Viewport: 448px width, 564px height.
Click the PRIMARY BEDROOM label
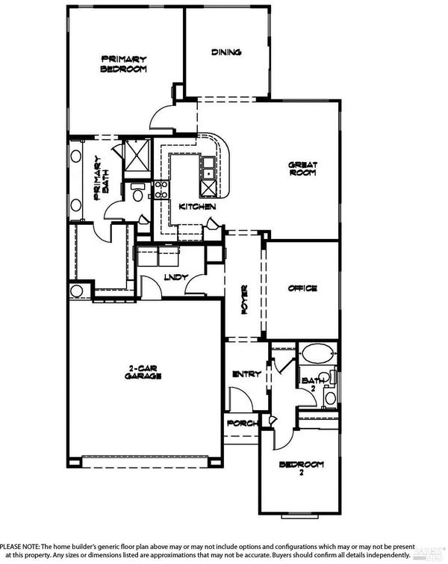[x=123, y=64]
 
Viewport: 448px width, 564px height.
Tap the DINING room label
[x=226, y=52]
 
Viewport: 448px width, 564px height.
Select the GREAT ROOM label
[x=302, y=169]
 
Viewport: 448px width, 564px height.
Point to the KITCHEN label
[x=197, y=206]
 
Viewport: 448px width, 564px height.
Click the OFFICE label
[x=302, y=288]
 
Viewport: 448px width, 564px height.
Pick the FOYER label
[x=244, y=300]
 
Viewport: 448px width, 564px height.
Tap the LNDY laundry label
[x=175, y=277]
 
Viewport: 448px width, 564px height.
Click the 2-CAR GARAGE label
[x=143, y=372]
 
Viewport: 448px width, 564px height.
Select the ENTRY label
[x=246, y=374]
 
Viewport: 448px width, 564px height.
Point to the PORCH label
[x=243, y=424]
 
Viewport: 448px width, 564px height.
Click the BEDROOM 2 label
[x=302, y=468]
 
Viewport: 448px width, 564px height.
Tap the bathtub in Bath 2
[x=317, y=353]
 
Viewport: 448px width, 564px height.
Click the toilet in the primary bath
[x=137, y=193]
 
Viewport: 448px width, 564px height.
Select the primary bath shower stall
[x=137, y=156]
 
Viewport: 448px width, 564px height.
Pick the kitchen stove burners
[x=161, y=190]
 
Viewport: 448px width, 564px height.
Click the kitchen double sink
[x=208, y=168]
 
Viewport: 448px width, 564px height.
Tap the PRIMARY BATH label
[x=102, y=178]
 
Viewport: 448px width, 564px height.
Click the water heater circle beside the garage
[x=76, y=291]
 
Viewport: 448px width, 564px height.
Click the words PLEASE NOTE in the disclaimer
[x=19, y=546]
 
